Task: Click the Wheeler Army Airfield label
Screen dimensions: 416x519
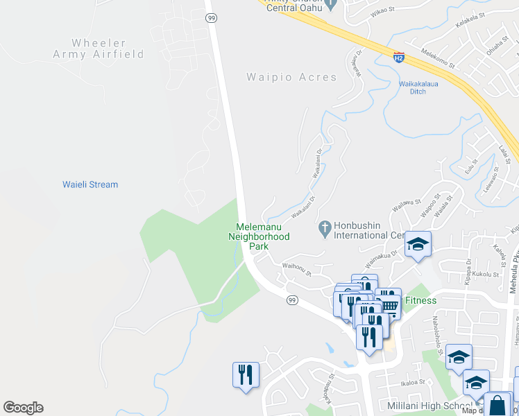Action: pyautogui.click(x=99, y=49)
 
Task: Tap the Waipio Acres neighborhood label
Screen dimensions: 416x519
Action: pyautogui.click(x=291, y=78)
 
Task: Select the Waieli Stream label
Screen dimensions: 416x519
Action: pyautogui.click(x=90, y=184)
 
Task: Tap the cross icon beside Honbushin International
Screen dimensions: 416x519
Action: pyautogui.click(x=324, y=227)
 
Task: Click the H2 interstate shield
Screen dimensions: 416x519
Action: pyautogui.click(x=398, y=57)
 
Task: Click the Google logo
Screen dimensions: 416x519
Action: pyautogui.click(x=23, y=408)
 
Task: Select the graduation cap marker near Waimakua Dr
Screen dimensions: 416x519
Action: pyautogui.click(x=418, y=245)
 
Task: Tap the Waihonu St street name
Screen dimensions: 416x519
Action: pyautogui.click(x=296, y=269)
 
